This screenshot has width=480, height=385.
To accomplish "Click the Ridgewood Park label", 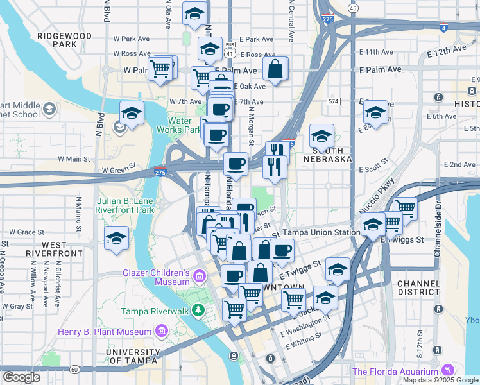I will [x=66, y=40].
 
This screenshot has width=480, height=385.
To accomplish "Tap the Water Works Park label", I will [x=185, y=124].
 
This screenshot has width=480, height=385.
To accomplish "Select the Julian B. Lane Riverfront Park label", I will [x=127, y=205].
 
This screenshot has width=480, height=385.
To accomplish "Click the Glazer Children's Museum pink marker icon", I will [x=199, y=277].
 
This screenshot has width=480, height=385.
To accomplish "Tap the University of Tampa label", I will [x=132, y=356].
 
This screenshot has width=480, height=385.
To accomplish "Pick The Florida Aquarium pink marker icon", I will [x=448, y=370].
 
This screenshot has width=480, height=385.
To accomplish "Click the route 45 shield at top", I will [x=354, y=8].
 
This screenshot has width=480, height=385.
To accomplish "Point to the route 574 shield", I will [x=333, y=101].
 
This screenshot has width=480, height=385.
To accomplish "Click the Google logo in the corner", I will [x=21, y=377].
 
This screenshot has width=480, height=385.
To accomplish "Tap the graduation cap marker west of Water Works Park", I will [x=132, y=114].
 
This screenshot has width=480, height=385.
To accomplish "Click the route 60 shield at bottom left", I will [x=74, y=369].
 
